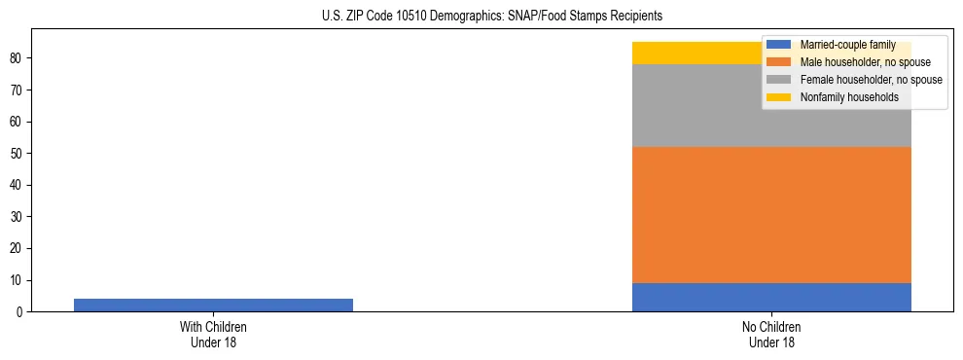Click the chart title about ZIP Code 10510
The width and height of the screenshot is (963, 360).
491,16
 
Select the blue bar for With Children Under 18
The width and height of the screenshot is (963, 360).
213,305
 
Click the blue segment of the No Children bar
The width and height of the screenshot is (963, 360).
771,297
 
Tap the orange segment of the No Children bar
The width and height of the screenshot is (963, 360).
771,215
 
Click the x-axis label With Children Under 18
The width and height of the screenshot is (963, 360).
213,335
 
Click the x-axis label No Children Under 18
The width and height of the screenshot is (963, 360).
771,335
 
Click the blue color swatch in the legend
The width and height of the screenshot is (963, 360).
778,45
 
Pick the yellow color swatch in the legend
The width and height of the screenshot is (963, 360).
778,97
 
